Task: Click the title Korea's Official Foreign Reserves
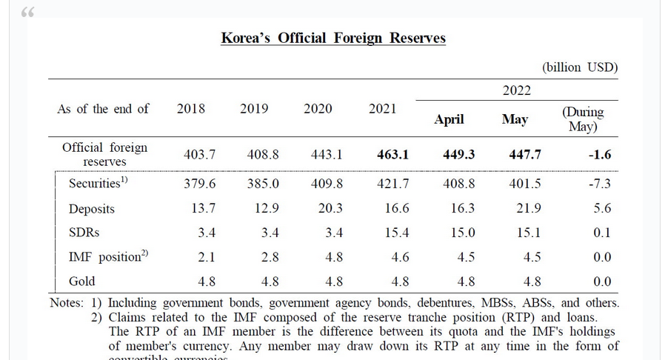333,38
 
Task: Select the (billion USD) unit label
580,67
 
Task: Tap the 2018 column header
191,109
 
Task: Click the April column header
449,119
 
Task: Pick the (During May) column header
583,119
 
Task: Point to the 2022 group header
516,90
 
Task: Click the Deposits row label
92,209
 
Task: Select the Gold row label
82,281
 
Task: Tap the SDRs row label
84,233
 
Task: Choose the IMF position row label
108,257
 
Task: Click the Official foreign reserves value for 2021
392,155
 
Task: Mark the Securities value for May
525,184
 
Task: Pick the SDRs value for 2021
397,233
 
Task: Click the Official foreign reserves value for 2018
199,155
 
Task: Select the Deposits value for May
529,209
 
